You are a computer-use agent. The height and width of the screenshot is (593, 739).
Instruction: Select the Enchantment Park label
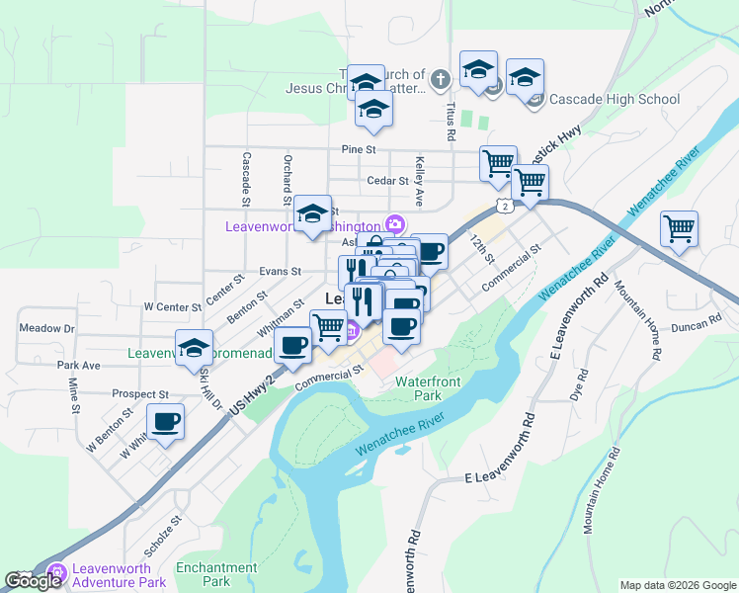click(216, 574)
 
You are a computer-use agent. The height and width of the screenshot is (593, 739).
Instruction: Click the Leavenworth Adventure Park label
click(118, 576)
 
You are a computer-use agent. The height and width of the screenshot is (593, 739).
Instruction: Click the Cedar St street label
click(387, 181)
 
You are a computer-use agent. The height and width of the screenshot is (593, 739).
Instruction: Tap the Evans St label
click(281, 271)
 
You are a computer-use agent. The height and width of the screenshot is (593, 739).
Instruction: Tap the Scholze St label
click(164, 532)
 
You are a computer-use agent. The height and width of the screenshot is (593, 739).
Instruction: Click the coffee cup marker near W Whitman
click(165, 422)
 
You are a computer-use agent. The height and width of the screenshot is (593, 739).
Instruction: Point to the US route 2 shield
click(505, 206)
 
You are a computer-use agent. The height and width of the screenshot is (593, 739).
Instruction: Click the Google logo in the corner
click(34, 581)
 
